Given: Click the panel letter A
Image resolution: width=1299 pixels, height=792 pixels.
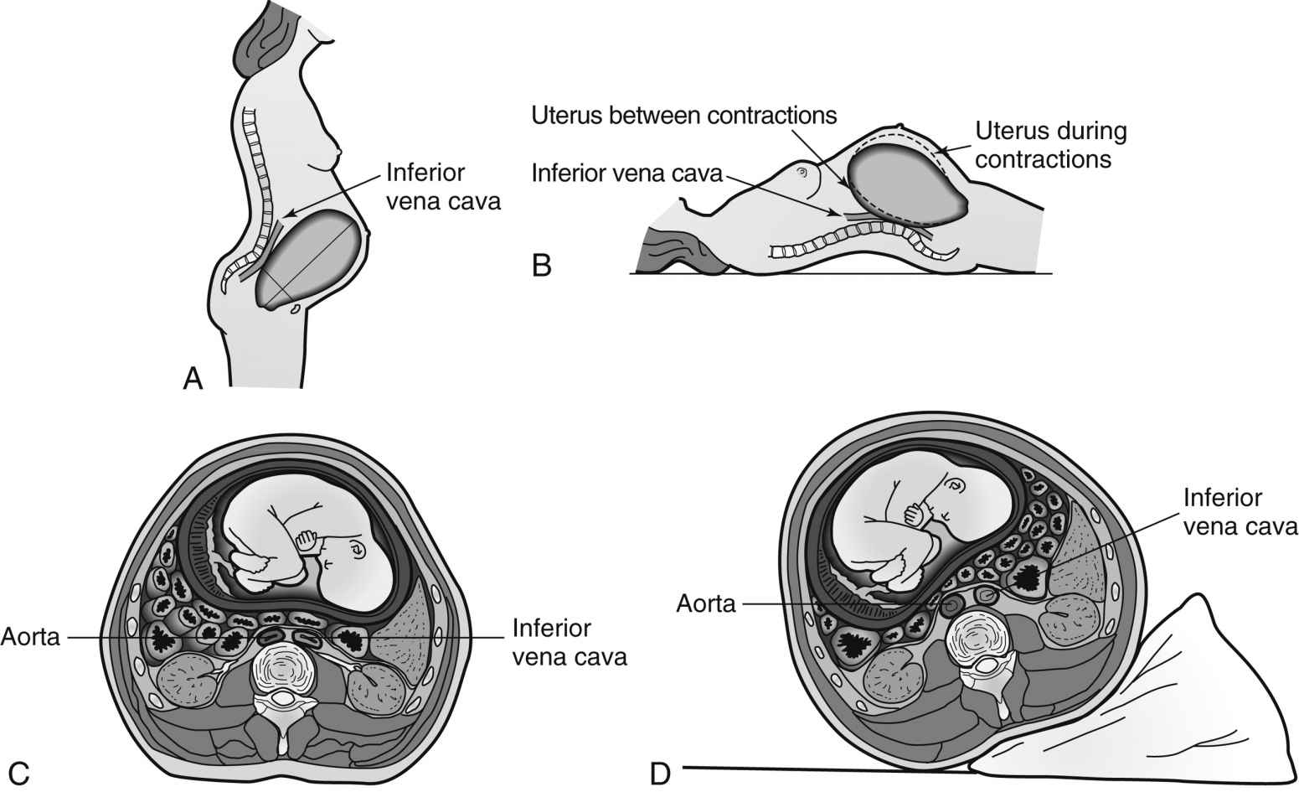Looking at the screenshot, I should click(193, 379).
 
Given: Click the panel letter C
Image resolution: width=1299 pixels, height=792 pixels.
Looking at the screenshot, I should click(18, 772).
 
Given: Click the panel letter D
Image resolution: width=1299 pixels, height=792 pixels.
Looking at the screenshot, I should click(660, 772).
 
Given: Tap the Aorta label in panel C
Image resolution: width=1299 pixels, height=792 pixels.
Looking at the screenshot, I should click(31, 637).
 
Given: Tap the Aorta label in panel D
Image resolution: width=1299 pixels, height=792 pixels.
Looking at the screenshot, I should click(706, 603).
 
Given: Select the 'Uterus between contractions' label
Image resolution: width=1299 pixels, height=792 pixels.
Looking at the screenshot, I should click(684, 115).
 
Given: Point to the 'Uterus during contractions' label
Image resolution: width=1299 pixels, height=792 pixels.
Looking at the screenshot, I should click(1050, 145).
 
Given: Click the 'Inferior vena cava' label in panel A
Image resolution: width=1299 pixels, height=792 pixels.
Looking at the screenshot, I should click(442, 187).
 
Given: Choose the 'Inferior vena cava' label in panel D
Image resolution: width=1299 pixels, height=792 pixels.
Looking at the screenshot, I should click(1240, 511).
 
